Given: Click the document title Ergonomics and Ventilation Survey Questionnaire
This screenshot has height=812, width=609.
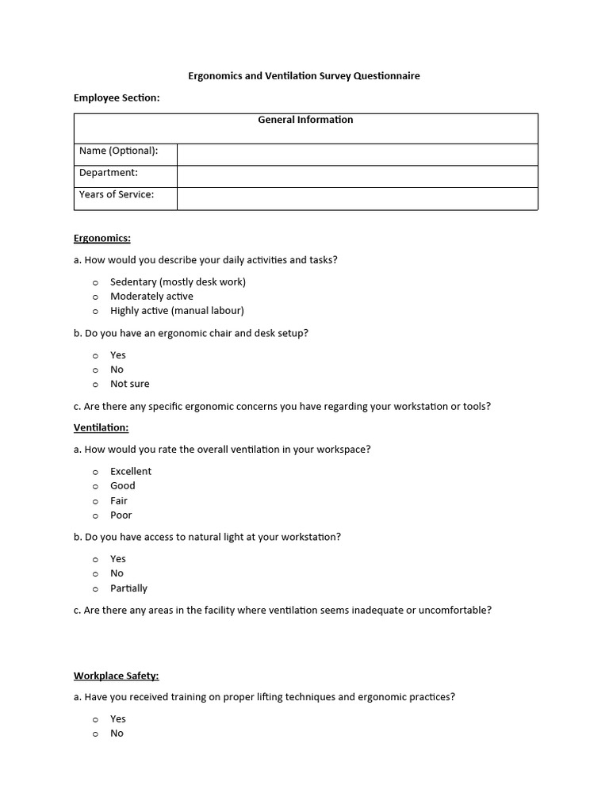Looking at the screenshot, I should click(304, 76).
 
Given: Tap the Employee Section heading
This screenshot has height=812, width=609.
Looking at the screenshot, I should click(117, 98).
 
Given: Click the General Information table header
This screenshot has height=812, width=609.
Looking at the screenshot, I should click(305, 121).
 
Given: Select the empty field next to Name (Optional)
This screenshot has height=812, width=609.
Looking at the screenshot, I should click(357, 154).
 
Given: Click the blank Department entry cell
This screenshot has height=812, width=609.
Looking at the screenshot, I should click(357, 176).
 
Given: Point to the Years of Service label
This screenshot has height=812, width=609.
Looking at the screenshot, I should click(117, 194).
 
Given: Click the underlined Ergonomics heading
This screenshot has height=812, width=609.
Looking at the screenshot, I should click(102, 238).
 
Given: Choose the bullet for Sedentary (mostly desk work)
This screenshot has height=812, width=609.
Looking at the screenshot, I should click(95, 282).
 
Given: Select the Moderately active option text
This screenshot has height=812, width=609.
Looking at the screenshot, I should click(151, 297).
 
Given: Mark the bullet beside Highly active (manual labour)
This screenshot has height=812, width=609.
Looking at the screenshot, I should click(95, 311).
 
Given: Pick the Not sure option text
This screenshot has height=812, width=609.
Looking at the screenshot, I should click(130, 384).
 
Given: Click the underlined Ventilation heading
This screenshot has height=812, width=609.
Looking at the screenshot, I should click(101, 427).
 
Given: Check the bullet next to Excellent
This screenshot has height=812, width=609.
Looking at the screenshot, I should click(95, 472).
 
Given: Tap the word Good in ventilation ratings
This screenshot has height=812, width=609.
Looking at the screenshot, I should click(123, 485).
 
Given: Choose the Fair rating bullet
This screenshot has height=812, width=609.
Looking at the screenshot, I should click(95, 501).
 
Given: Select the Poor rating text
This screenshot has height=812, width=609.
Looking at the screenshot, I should click(121, 515).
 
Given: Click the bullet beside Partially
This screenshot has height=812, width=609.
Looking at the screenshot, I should click(95, 589).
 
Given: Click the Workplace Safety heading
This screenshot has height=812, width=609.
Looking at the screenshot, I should click(117, 676).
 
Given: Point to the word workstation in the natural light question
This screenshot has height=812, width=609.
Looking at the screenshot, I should click(308, 537).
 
